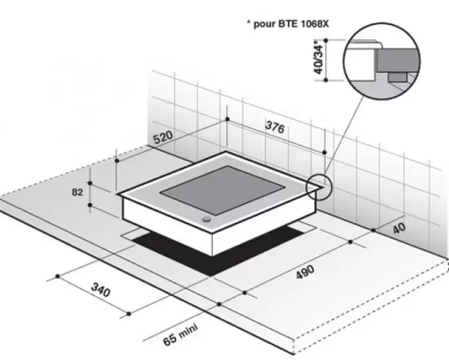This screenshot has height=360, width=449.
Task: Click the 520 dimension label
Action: point(163,137)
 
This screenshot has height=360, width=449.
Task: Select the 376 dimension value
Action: point(275,127)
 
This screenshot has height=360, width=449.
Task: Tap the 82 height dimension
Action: point(77,192)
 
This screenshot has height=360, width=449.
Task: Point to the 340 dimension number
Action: point(100,289)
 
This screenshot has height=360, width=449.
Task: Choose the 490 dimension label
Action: point(305,272)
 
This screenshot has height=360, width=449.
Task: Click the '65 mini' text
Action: point(180,334)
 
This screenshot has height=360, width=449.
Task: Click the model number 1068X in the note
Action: point(315,24)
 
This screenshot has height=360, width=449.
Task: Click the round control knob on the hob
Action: point(206,220)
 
